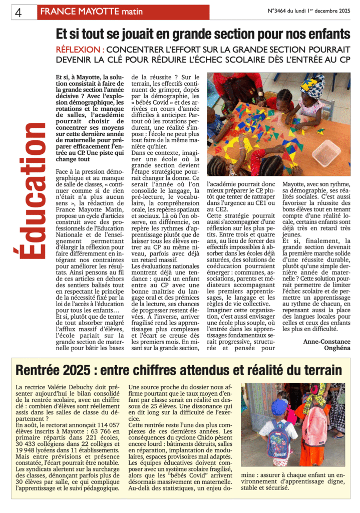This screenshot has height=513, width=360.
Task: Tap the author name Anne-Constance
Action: pos(326,342)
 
